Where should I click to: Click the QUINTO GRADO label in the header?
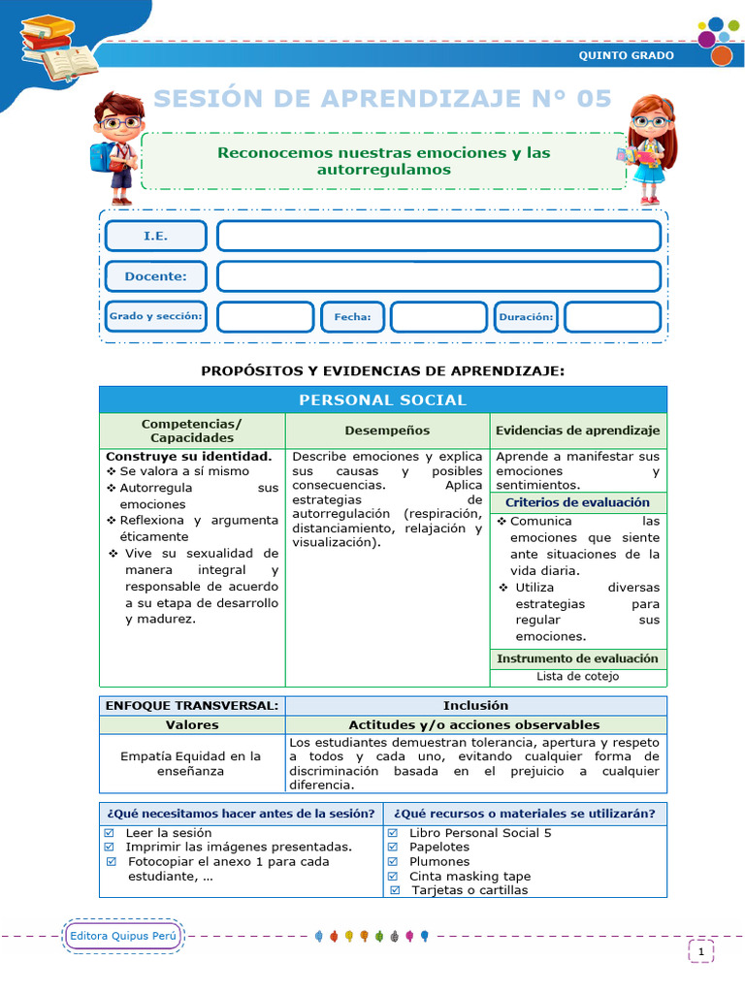tap(626, 55)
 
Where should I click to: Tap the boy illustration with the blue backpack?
tap(116, 146)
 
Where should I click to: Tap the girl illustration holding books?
tap(647, 148)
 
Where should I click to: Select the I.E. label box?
tap(155, 236)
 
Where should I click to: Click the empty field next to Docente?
tap(438, 276)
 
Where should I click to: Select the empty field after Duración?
tap(612, 317)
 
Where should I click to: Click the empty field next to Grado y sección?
tap(265, 317)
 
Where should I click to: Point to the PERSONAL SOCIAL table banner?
tap(382, 400)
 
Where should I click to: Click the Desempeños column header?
tap(387, 431)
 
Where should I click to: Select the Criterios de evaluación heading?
tap(577, 502)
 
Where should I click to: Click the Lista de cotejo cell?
tap(577, 677)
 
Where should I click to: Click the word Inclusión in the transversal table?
tap(475, 705)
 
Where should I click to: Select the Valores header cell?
tap(192, 724)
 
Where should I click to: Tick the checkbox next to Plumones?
tap(393, 861)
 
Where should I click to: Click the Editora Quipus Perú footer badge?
tap(122, 936)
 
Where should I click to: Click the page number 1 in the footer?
tap(700, 952)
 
